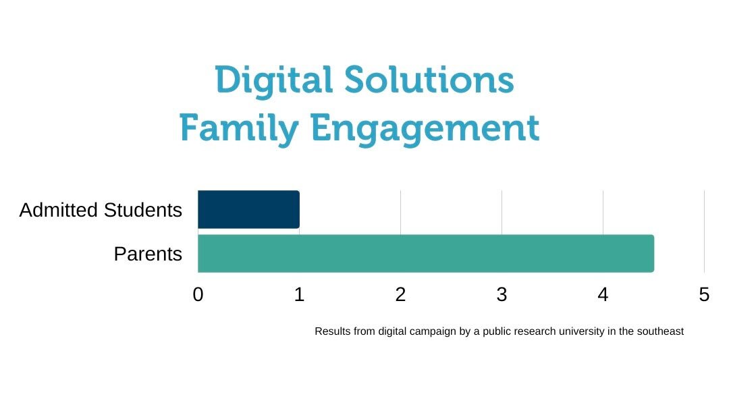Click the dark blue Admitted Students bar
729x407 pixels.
248,209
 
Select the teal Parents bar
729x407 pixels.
426,254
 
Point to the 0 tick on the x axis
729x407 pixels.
198,294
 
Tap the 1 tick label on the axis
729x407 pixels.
299,294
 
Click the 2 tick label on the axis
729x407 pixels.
400,294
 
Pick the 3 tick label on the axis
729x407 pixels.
502,294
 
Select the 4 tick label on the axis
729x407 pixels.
603,294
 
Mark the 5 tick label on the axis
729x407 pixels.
704,294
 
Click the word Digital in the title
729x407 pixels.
273,81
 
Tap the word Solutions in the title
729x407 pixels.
429,80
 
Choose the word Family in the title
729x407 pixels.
239,129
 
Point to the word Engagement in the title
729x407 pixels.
425,129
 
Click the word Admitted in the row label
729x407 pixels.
58,210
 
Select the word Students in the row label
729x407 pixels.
142,210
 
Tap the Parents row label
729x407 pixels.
148,254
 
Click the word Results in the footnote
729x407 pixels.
332,331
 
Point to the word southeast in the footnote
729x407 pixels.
660,331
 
